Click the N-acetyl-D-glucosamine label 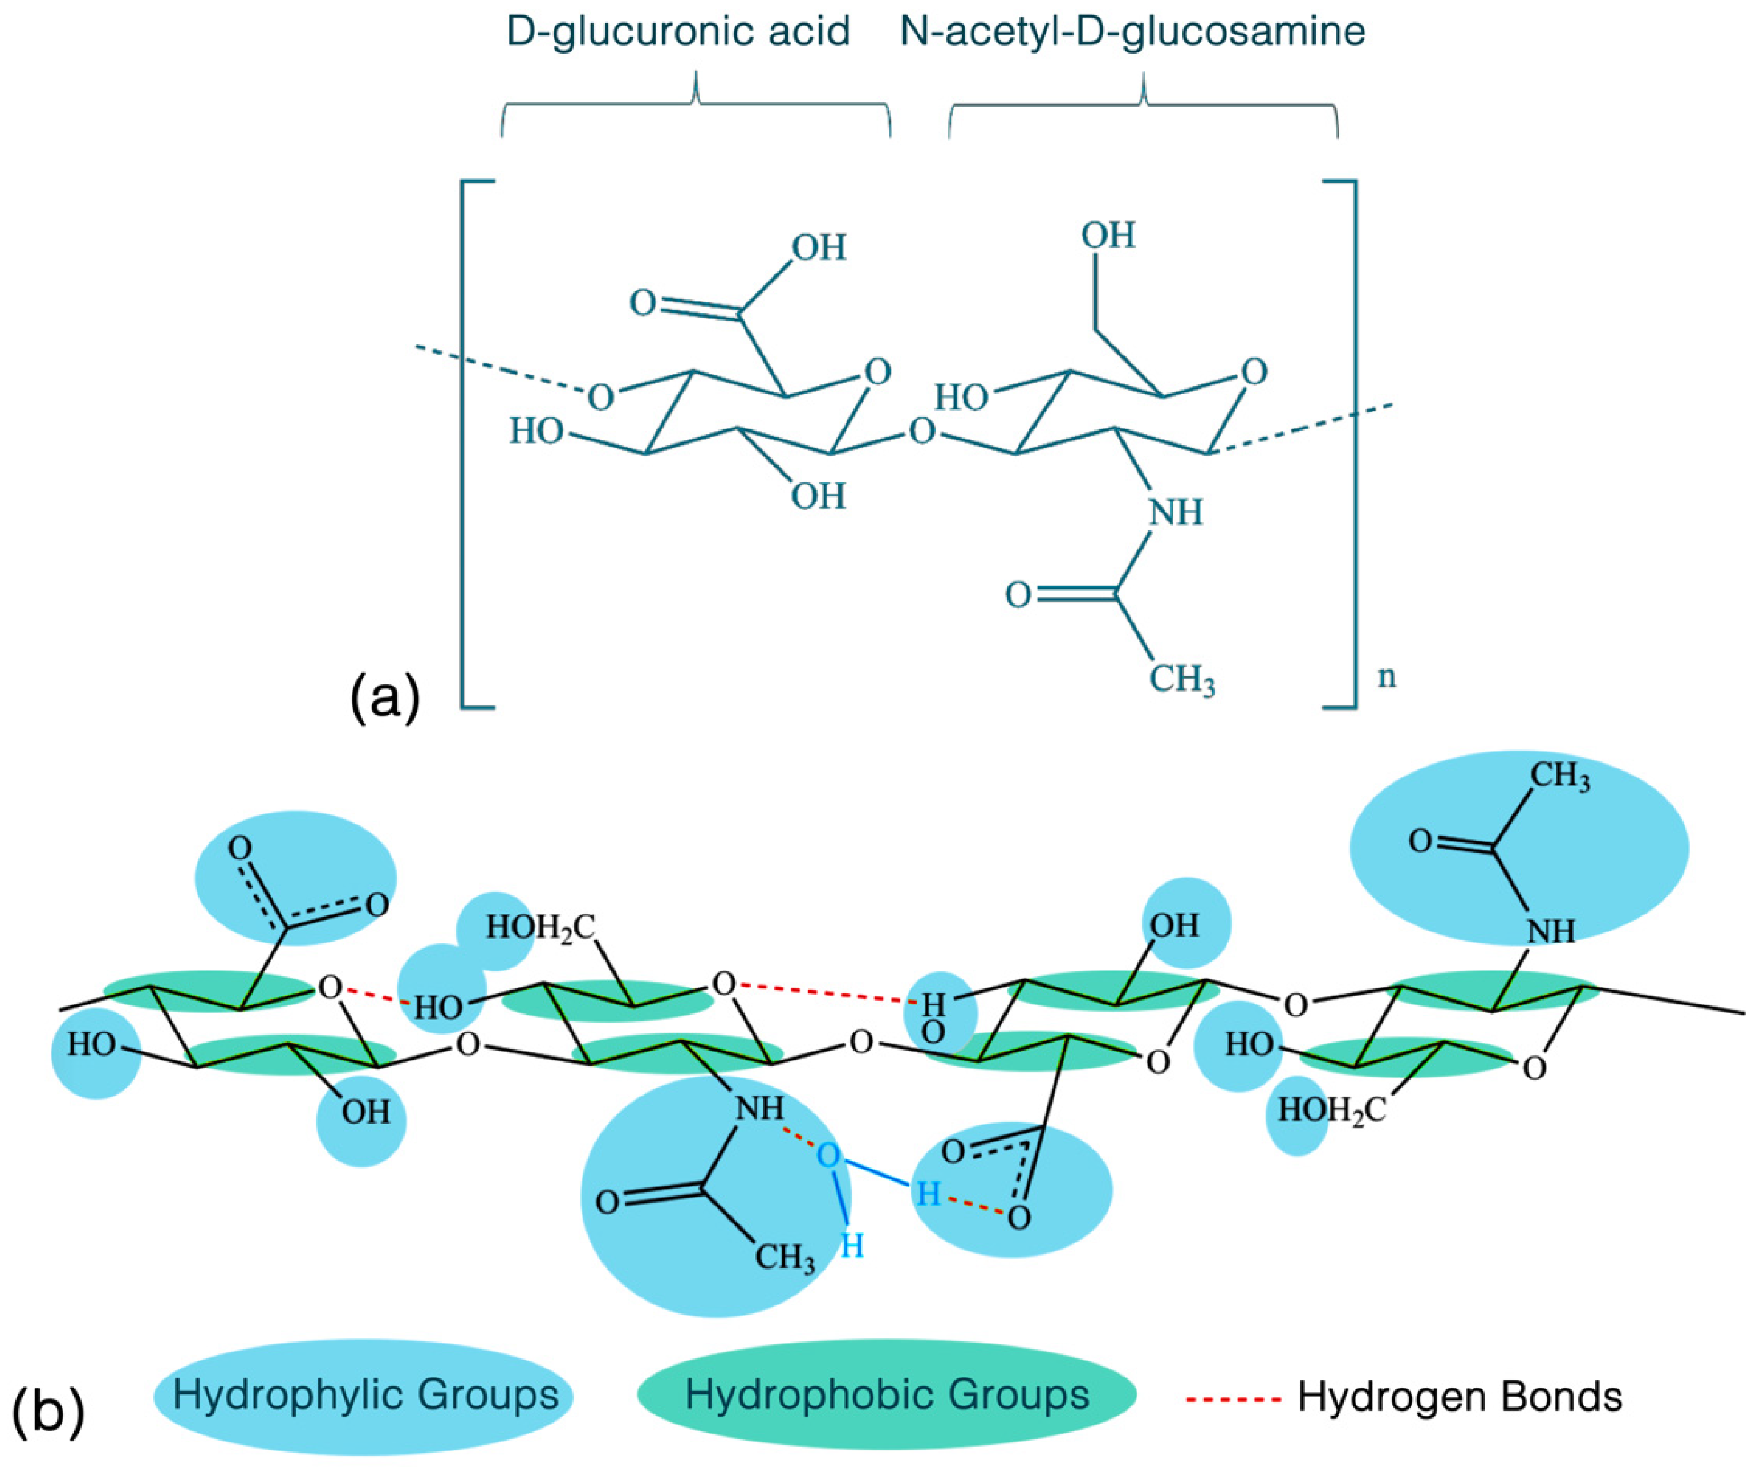[x=1132, y=32]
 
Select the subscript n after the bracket [x=1388, y=676]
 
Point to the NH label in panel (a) [x=1175, y=512]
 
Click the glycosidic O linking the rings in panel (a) [x=922, y=433]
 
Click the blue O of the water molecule [x=827, y=1155]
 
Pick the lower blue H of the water [x=852, y=1247]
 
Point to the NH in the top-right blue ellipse [x=1551, y=931]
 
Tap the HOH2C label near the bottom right [x=1331, y=1112]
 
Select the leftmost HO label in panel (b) [x=91, y=1045]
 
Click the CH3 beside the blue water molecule [x=785, y=1258]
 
